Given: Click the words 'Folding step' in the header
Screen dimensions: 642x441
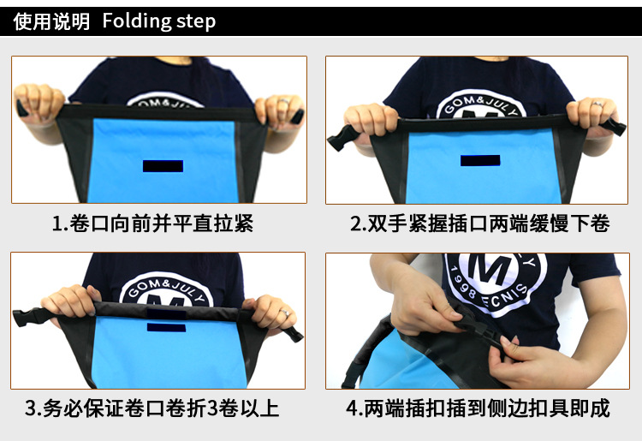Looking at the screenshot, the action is click(159, 21).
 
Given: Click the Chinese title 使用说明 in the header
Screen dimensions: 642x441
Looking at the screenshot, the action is click(51, 21).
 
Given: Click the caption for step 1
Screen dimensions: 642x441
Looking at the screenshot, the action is click(153, 223).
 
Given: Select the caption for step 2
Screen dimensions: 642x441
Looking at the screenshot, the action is click(480, 223).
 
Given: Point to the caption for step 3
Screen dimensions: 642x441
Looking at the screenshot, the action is click(152, 408).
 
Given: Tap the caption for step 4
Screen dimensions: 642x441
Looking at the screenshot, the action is click(479, 408).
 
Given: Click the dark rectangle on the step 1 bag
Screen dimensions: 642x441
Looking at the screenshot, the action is click(163, 166).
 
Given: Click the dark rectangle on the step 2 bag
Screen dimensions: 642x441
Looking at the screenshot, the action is click(480, 160).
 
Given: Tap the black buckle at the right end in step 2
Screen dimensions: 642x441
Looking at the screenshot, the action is click(614, 126).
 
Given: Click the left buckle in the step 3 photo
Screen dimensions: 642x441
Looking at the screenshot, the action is click(28, 317).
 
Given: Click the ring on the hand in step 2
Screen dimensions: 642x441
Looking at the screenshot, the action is click(597, 104).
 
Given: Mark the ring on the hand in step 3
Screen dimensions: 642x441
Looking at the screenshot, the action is click(284, 313).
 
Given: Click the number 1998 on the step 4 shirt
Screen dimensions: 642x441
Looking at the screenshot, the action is click(462, 283).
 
